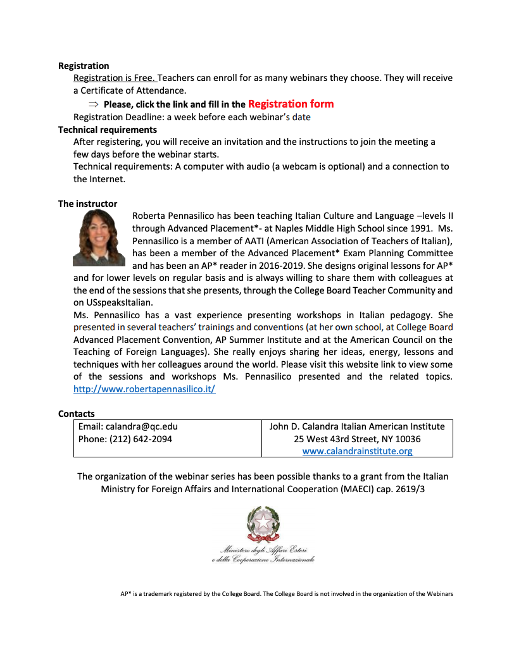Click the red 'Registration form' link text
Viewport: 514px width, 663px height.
click(x=291, y=104)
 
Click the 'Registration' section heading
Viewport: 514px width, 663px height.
click(x=84, y=66)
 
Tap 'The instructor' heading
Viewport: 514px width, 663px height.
click(x=87, y=204)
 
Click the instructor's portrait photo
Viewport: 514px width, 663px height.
click(x=99, y=238)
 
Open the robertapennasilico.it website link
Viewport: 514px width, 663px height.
click(x=144, y=389)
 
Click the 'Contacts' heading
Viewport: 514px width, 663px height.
click(x=77, y=414)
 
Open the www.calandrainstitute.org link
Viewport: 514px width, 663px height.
click(x=357, y=451)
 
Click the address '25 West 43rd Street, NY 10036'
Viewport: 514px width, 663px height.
click(x=357, y=439)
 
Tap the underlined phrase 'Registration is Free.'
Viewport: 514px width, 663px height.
click(x=115, y=78)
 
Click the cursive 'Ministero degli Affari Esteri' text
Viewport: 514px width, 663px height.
click(x=263, y=550)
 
